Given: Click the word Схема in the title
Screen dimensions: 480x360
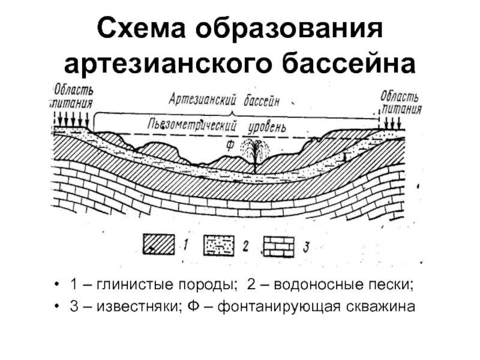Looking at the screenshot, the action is click(142, 28).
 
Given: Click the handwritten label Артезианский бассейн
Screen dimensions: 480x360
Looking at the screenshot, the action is click(224, 100).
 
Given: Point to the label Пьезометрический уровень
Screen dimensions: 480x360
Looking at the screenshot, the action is click(217, 126).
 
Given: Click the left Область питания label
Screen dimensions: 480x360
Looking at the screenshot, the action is click(71, 97).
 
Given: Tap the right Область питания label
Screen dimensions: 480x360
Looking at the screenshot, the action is click(401, 103).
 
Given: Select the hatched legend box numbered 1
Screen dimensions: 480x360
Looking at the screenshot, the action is click(158, 244).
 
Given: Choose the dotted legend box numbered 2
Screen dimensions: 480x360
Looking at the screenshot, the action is click(219, 245).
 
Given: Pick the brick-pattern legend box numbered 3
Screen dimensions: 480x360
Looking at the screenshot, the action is click(279, 247).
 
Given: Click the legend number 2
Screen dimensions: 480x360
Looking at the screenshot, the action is click(245, 246).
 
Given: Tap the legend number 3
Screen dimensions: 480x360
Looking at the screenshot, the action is click(306, 247).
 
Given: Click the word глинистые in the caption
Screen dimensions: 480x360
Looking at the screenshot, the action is click(136, 284).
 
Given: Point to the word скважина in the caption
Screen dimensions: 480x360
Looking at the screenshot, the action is click(380, 307).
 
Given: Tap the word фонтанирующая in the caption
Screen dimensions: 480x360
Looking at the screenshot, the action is click(278, 307).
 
